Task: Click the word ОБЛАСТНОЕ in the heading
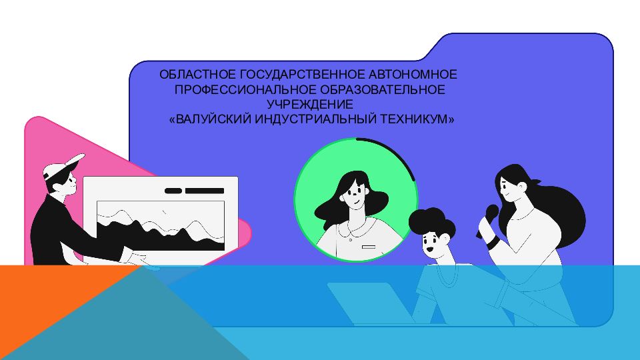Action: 192,73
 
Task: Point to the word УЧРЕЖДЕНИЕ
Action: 309,104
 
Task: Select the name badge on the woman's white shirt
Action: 368,247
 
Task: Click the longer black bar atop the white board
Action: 205,191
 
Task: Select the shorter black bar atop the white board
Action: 173,191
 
